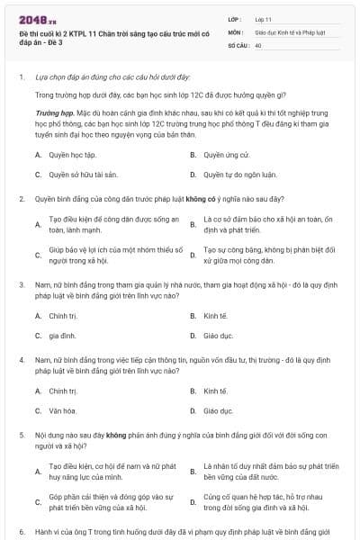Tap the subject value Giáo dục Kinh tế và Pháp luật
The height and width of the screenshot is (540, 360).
(x=289, y=31)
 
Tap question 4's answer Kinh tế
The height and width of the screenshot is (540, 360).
(x=215, y=391)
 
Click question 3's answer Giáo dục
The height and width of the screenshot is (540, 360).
(x=218, y=336)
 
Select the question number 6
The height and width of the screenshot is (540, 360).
(x=21, y=532)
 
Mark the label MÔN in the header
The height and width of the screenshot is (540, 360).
(x=235, y=31)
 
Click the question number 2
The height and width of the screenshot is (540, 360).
(x=21, y=198)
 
